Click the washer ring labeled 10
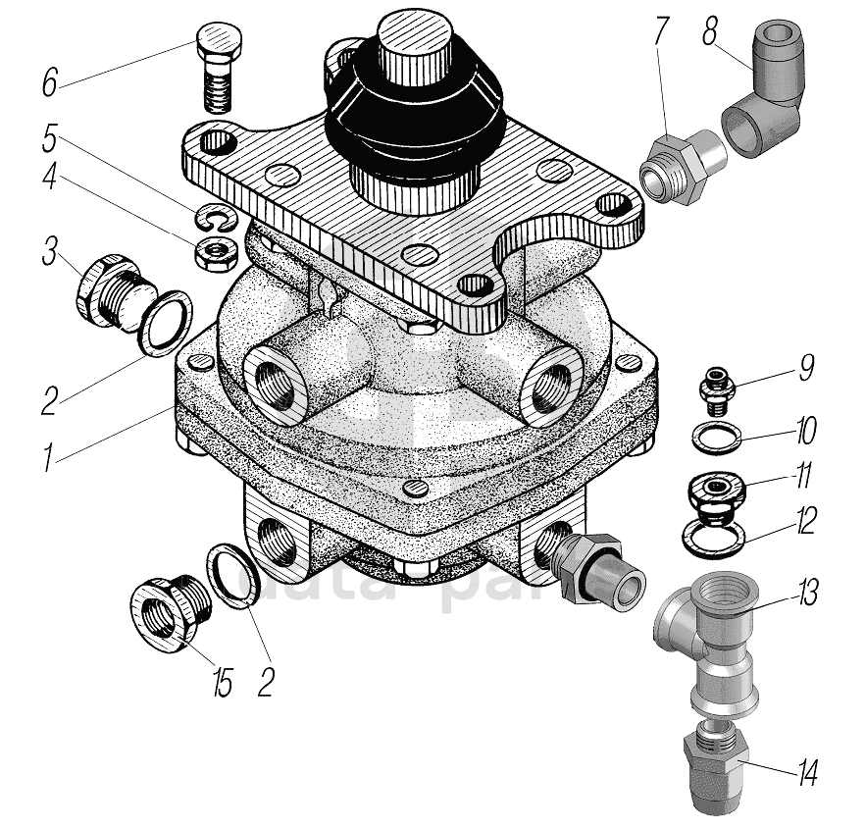[x=719, y=435]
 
